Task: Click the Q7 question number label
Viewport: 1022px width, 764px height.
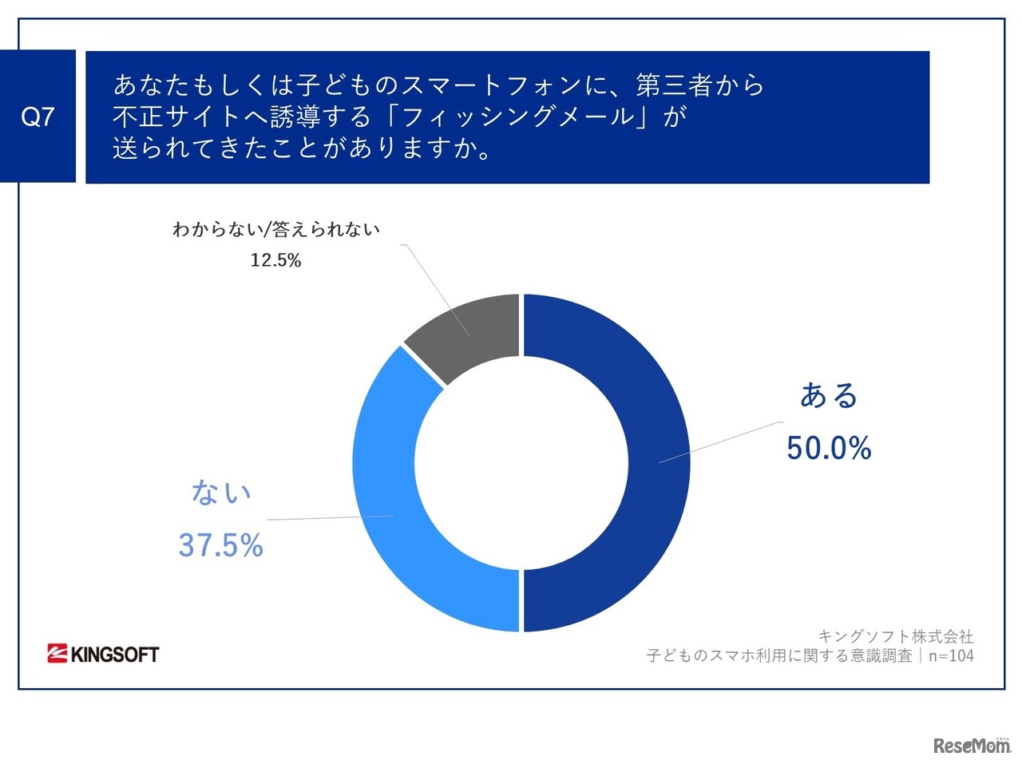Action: pyautogui.click(x=38, y=117)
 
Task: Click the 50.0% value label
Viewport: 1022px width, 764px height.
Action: pyautogui.click(x=828, y=448)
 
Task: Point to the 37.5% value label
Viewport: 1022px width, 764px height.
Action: pyautogui.click(x=220, y=545)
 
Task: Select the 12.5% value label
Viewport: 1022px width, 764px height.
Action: pyautogui.click(x=275, y=260)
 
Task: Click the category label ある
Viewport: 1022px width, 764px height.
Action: pyautogui.click(x=829, y=396)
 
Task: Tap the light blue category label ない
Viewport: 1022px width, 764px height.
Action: pyautogui.click(x=220, y=493)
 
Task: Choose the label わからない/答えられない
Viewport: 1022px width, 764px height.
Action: pyautogui.click(x=276, y=230)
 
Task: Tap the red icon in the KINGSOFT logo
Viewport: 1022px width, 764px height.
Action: pyautogui.click(x=57, y=654)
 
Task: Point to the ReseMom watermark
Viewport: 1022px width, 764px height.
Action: pyautogui.click(x=971, y=746)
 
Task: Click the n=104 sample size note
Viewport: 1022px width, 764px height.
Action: pyautogui.click(x=951, y=655)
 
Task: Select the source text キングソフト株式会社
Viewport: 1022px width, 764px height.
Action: pyautogui.click(x=896, y=636)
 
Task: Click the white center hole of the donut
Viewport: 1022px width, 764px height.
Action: pyautogui.click(x=521, y=463)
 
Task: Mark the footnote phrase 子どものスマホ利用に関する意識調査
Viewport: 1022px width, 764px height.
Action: pyautogui.click(x=779, y=655)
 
